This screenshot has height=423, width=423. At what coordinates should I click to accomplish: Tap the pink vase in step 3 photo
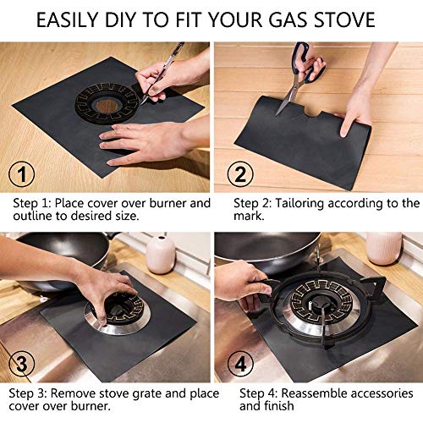click(160, 255)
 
